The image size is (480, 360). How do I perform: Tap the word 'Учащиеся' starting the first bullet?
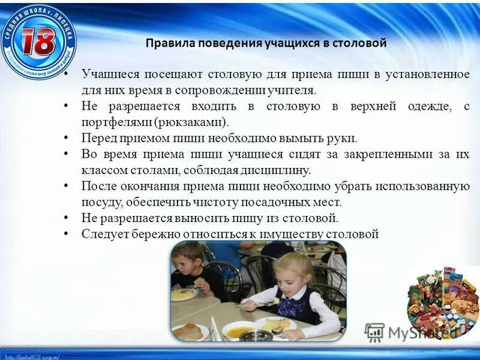pyautogui.click(x=111, y=74)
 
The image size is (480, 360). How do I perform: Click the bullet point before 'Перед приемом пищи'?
pyautogui.click(x=67, y=138)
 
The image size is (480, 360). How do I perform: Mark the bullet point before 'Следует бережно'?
pyautogui.click(x=67, y=234)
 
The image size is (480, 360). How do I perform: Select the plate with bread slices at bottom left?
pyautogui.click(x=189, y=331)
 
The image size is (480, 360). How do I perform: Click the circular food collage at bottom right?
pyautogui.click(x=441, y=300)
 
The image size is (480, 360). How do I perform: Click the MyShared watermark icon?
pyautogui.click(x=374, y=332)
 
